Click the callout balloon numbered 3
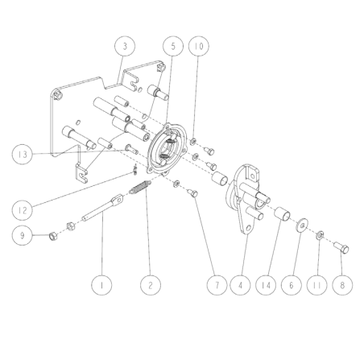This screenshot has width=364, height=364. pyautogui.click(x=123, y=47)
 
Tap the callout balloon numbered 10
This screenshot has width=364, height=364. pyautogui.click(x=197, y=47)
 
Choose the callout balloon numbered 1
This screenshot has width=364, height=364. pyautogui.click(x=101, y=283)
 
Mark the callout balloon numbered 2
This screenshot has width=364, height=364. pyautogui.click(x=148, y=283)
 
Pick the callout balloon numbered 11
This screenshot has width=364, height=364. pyautogui.click(x=318, y=283)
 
